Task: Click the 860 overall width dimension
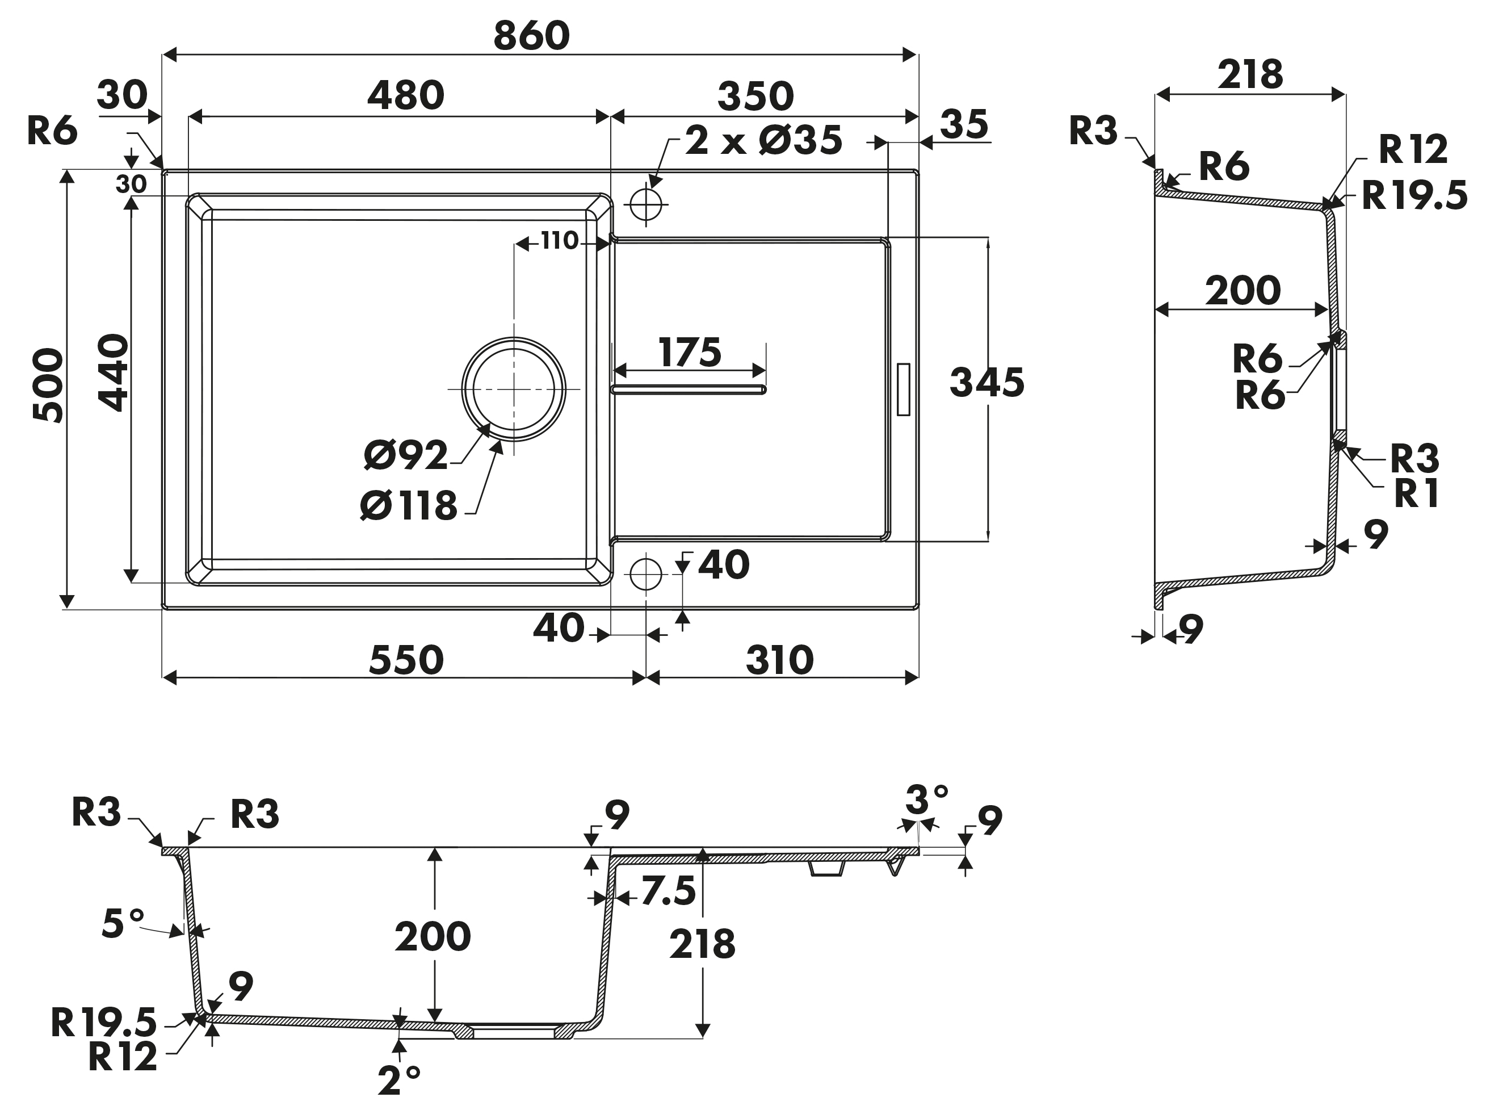[x=531, y=36]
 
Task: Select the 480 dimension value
[x=406, y=96]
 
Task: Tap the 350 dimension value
[x=755, y=97]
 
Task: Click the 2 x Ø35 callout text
[x=763, y=140]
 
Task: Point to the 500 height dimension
[x=48, y=385]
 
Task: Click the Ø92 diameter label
[x=406, y=455]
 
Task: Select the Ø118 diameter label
[x=409, y=506]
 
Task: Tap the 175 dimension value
[x=690, y=352]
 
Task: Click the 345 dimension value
[x=987, y=382]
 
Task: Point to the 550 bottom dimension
[x=406, y=660]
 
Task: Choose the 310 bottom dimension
[x=780, y=660]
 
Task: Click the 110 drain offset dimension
[x=560, y=240]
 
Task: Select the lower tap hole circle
[x=646, y=574]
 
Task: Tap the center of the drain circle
[x=514, y=389]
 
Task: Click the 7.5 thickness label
[x=668, y=891]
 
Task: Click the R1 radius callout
[x=1416, y=495]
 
